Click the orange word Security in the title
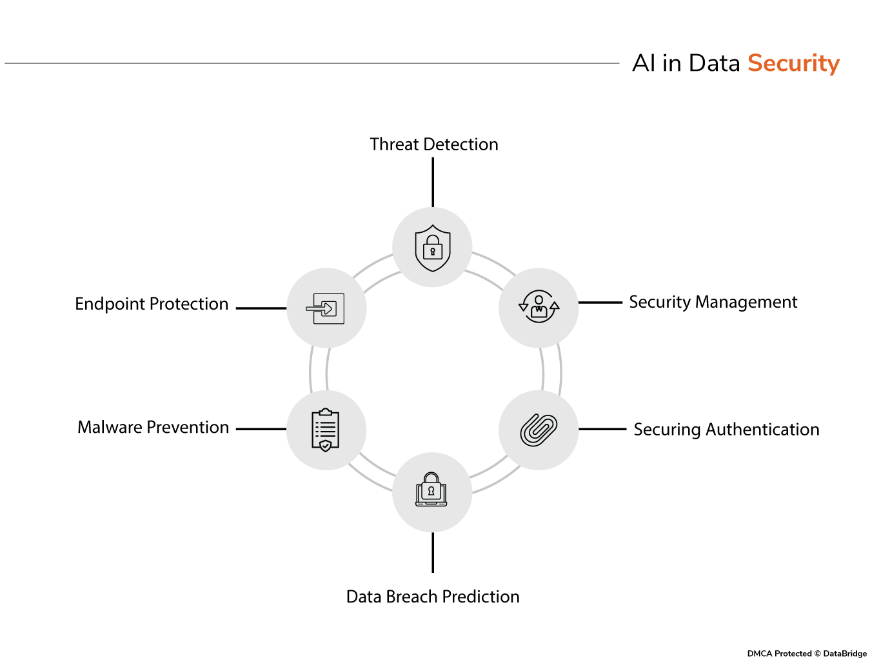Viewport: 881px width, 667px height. click(793, 63)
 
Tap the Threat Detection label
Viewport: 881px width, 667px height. click(434, 144)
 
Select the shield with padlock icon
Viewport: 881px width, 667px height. click(432, 248)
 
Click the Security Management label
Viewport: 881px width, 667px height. click(713, 302)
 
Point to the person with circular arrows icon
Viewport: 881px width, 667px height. click(539, 307)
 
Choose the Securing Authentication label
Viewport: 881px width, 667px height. click(726, 430)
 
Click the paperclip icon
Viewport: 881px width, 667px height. click(539, 430)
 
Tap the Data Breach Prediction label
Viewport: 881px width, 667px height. click(433, 597)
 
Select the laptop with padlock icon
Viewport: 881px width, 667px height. click(431, 490)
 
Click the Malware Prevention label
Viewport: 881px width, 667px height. click(153, 427)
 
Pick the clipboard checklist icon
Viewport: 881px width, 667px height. click(326, 430)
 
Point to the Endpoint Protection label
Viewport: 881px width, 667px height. click(152, 304)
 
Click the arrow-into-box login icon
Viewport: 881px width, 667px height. click(326, 308)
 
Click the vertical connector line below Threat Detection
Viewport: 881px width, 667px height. click(433, 182)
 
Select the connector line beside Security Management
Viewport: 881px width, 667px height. click(600, 302)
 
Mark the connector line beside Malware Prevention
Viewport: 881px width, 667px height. click(261, 429)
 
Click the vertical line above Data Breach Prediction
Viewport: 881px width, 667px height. click(433, 552)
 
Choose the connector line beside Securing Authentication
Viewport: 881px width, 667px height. click(602, 429)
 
